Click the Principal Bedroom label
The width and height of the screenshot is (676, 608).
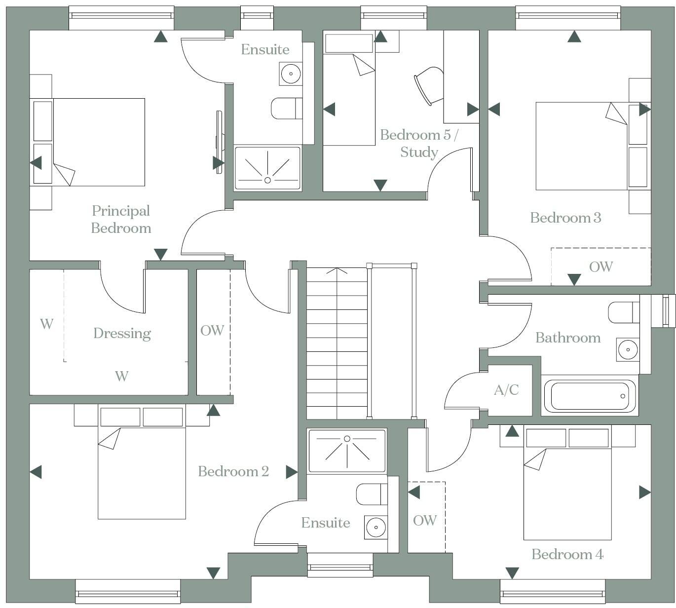(121, 219)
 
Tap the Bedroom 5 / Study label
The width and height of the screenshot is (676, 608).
(419, 143)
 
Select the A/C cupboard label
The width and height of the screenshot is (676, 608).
(506, 390)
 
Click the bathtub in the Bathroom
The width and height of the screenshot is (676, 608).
(589, 396)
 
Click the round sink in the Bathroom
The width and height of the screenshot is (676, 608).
(628, 349)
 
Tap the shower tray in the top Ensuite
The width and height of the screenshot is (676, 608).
(267, 168)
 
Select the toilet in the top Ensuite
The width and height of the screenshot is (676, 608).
(286, 109)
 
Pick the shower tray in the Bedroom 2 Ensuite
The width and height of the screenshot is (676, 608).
(347, 451)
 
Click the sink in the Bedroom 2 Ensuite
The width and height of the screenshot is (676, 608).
(376, 527)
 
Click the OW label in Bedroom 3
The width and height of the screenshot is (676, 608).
(601, 267)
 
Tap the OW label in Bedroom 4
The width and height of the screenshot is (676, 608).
(425, 520)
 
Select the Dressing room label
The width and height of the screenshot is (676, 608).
(122, 334)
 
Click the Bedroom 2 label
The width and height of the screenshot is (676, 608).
(233, 472)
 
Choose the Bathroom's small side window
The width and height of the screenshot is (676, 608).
(668, 311)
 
